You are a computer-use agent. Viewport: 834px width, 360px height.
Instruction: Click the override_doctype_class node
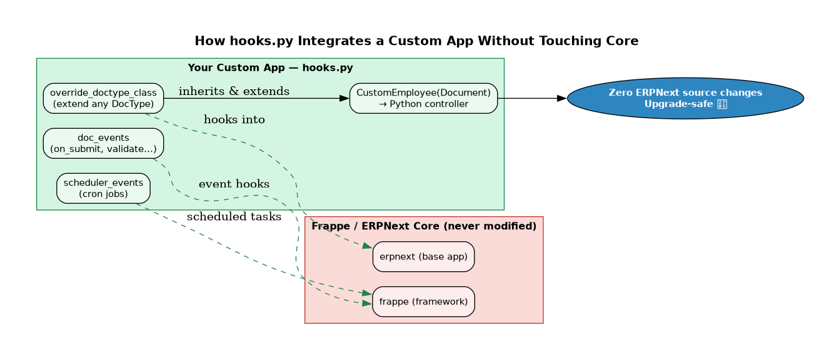click(x=103, y=99)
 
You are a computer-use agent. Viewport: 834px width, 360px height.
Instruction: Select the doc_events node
click(x=103, y=144)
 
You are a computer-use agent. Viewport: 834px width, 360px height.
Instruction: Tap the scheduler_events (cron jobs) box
click(x=103, y=189)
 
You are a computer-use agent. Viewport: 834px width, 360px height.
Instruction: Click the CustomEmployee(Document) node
click(x=423, y=99)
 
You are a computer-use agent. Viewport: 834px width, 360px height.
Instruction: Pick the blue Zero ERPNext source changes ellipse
click(x=685, y=98)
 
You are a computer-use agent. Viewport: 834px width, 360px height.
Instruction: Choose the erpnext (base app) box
click(x=423, y=257)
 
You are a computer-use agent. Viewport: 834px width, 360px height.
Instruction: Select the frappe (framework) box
click(x=423, y=302)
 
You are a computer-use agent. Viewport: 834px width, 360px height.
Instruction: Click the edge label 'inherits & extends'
click(x=234, y=91)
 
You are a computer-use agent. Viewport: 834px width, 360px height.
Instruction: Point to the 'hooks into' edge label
click(x=234, y=119)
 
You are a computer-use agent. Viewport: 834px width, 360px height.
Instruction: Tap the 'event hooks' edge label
click(x=234, y=184)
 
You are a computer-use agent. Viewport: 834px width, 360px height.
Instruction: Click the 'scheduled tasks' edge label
click(x=234, y=217)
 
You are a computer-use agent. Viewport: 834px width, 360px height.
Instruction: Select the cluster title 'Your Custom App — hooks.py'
click(x=270, y=67)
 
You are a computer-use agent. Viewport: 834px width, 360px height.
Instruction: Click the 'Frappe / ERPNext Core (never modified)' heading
click(x=424, y=226)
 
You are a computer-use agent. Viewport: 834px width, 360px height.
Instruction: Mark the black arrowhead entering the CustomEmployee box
click(x=344, y=99)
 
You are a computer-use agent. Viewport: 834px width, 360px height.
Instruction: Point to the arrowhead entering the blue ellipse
click(x=561, y=98)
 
